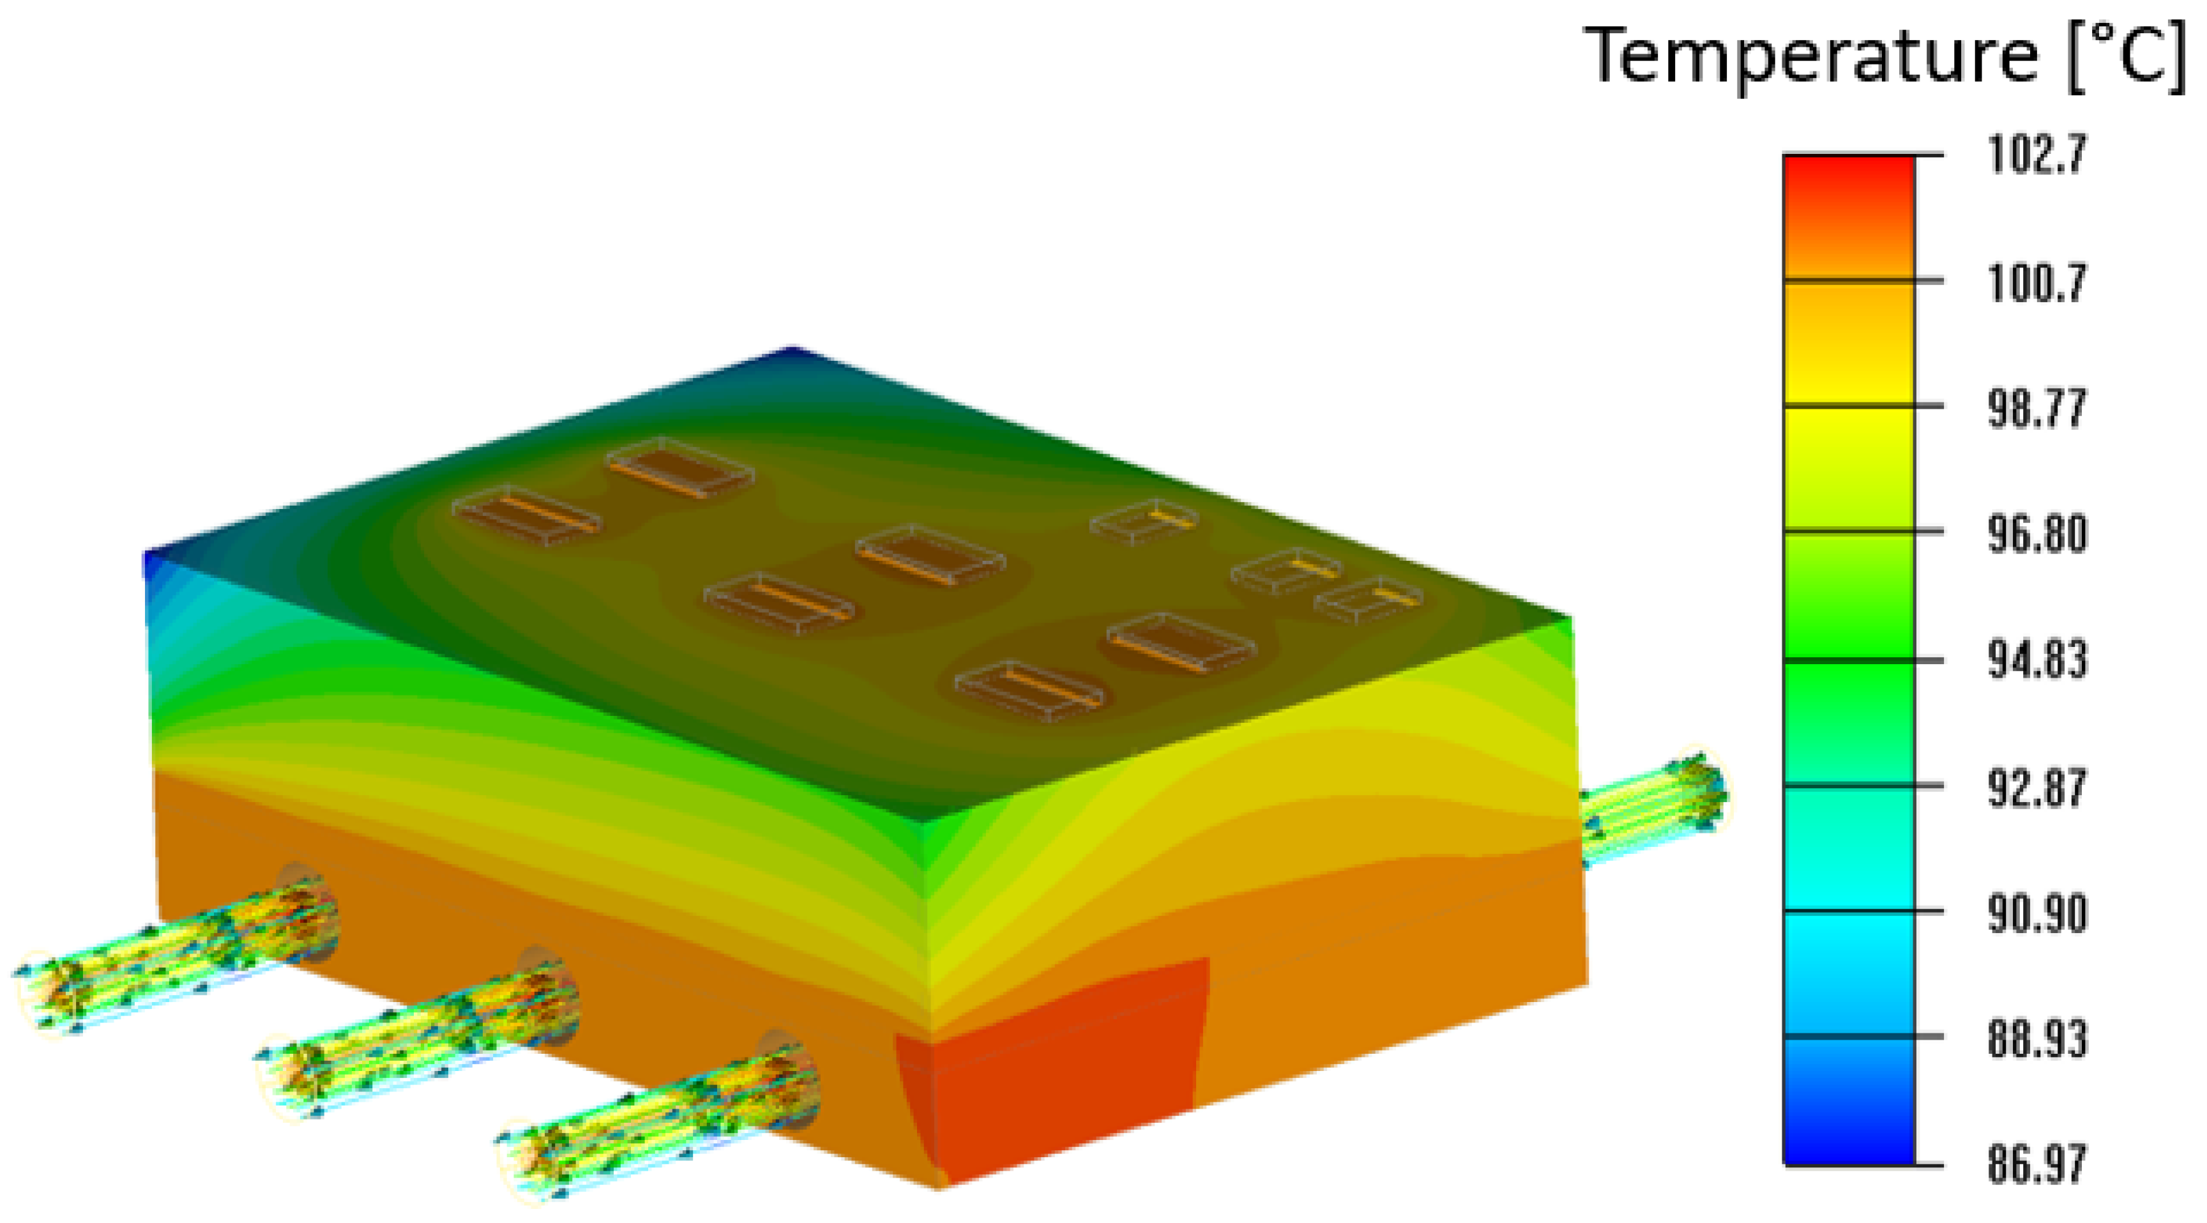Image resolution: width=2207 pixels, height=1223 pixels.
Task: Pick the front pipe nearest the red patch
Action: click(660, 1123)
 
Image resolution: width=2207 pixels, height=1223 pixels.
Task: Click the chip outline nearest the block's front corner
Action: click(1028, 690)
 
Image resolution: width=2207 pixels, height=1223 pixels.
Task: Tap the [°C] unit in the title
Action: click(2125, 57)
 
